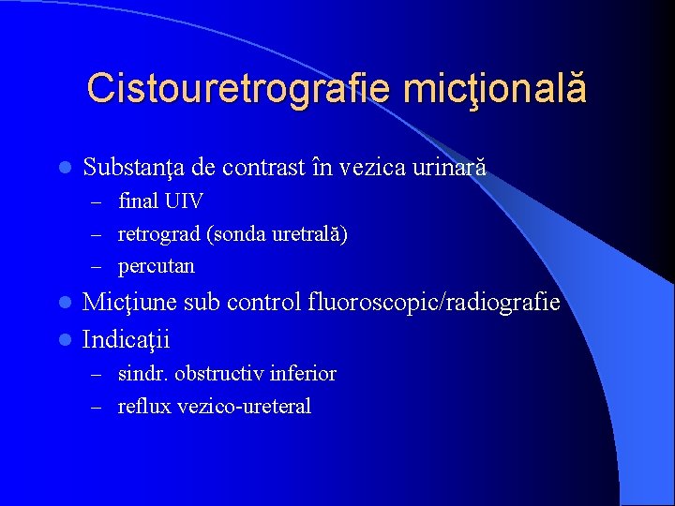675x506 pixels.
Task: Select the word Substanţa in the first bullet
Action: tap(133, 168)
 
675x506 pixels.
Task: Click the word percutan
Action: tap(157, 265)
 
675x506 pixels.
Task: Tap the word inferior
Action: tap(303, 374)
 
